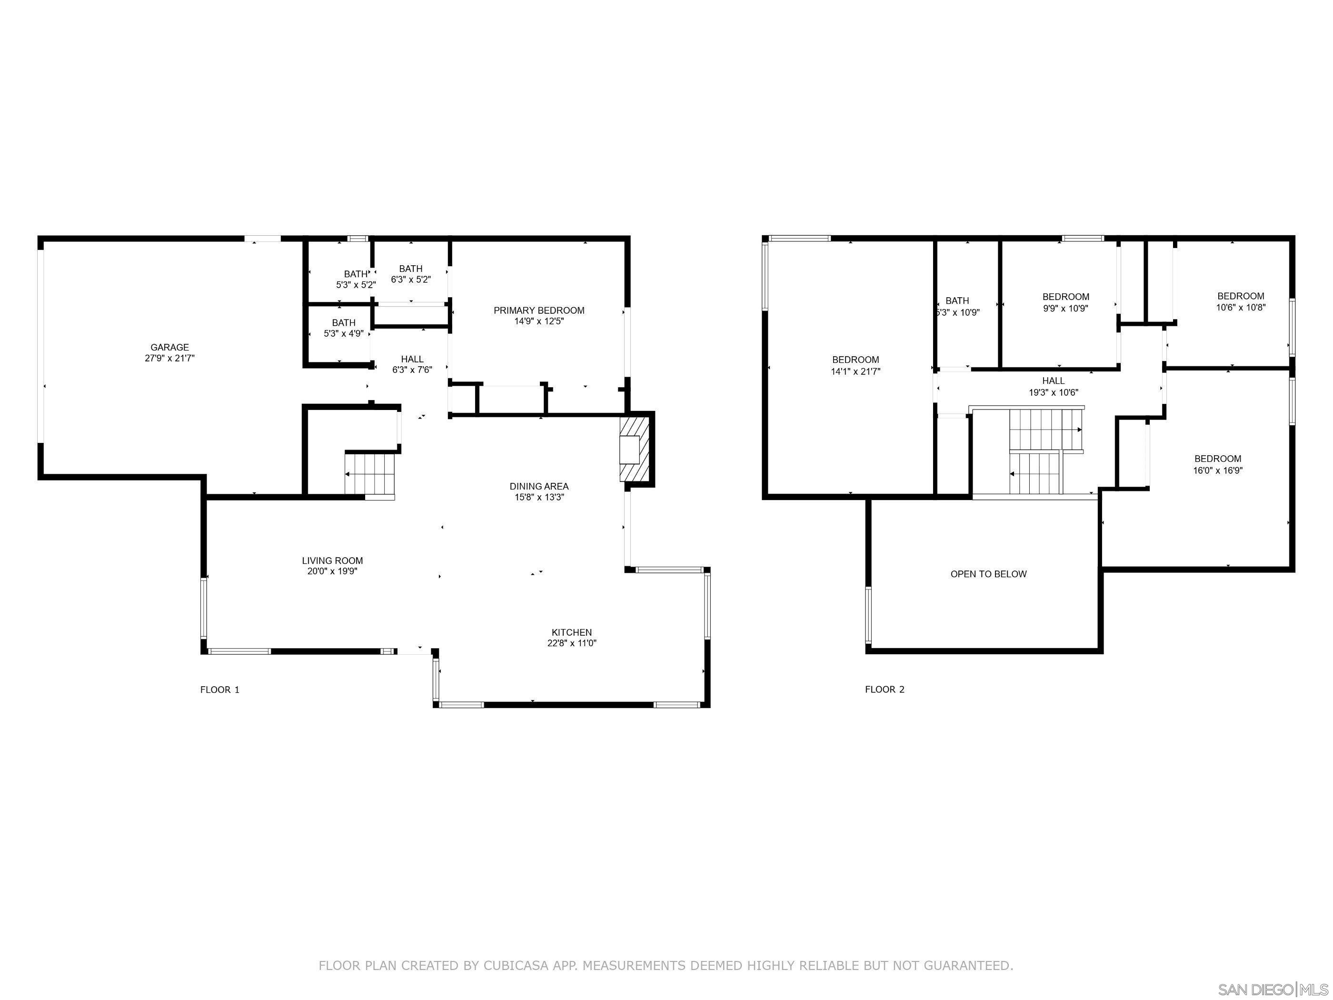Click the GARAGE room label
click(169, 347)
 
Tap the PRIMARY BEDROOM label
click(539, 310)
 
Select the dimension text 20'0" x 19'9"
click(332, 571)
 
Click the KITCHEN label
click(571, 632)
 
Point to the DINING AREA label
click(539, 487)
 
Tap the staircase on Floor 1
click(369, 474)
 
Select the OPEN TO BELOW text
click(988, 574)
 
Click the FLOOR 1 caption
click(219, 690)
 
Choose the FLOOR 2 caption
click(884, 690)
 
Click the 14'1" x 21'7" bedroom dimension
click(855, 371)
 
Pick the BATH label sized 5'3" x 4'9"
click(344, 323)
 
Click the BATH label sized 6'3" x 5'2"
click(410, 269)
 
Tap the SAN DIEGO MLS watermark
click(1272, 989)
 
